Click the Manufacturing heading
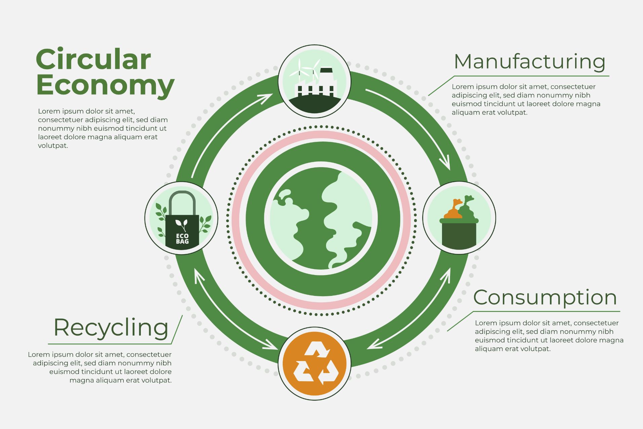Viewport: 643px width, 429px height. (x=529, y=62)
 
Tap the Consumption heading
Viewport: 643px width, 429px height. (x=545, y=298)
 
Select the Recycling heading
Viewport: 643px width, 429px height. (x=111, y=328)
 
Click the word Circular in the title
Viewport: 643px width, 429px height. (x=93, y=60)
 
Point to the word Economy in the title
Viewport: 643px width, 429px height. (x=105, y=85)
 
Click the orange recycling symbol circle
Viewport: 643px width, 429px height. (x=315, y=363)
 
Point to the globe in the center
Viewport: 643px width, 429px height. (x=321, y=219)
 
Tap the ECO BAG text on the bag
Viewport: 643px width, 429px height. (x=182, y=238)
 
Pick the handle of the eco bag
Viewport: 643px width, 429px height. (x=182, y=202)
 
